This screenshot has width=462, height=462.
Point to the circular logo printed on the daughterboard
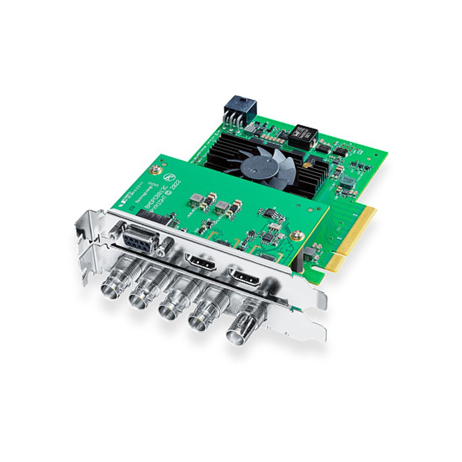click(170, 177)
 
